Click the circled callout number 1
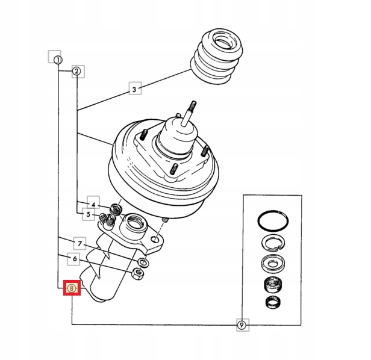click(58, 60)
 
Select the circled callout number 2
click(76, 71)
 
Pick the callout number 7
click(78, 243)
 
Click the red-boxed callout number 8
click(72, 289)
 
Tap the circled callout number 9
click(241, 325)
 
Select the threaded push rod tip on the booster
click(194, 108)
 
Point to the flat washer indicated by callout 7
click(144, 262)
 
